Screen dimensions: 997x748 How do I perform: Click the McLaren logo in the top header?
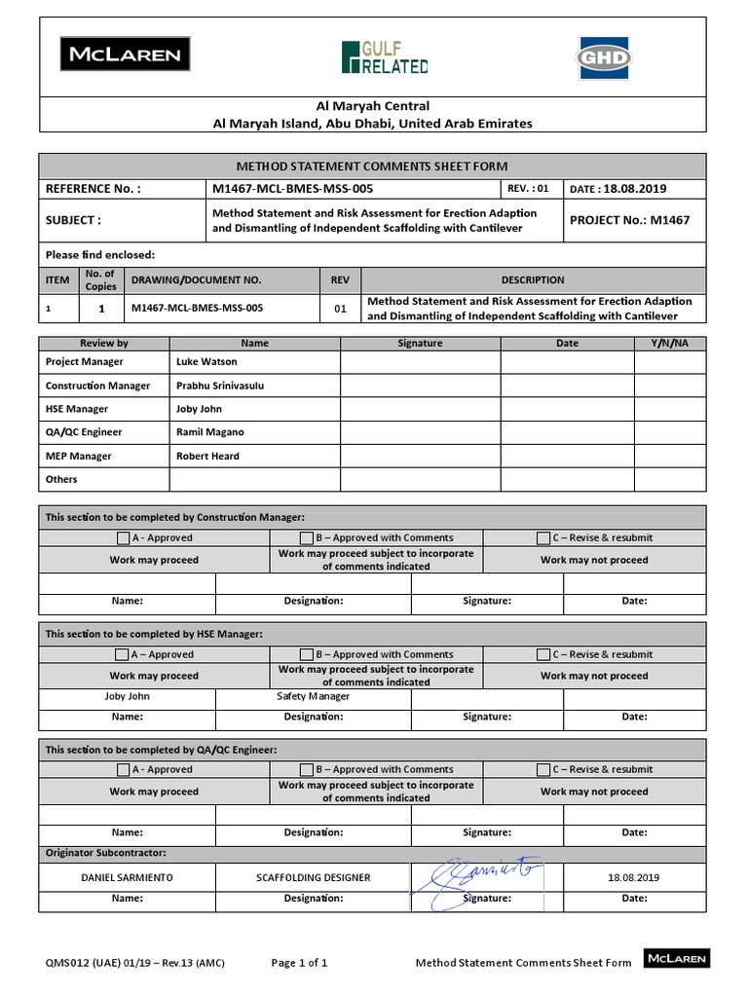(126, 55)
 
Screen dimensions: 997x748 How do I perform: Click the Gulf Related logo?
(385, 57)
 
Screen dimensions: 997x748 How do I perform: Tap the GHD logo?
(603, 56)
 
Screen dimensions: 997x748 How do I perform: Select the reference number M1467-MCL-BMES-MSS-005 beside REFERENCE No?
(292, 189)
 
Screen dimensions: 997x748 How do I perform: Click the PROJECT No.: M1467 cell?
(629, 220)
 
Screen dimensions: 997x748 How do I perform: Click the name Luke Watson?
(206, 362)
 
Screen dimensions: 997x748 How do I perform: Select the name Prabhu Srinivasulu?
(220, 386)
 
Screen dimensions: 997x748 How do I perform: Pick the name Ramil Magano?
(210, 432)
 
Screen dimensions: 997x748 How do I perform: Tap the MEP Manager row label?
(79, 456)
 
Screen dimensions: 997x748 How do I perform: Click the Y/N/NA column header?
(669, 343)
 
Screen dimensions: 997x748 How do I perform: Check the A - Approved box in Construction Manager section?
(122, 537)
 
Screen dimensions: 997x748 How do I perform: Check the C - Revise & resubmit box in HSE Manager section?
(543, 654)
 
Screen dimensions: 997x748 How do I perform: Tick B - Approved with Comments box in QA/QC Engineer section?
(307, 769)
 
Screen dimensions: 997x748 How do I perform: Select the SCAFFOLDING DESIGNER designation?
(313, 877)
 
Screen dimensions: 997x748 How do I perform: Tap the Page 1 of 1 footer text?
(299, 963)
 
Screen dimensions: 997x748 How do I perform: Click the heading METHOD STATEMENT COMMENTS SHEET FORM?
(373, 166)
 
